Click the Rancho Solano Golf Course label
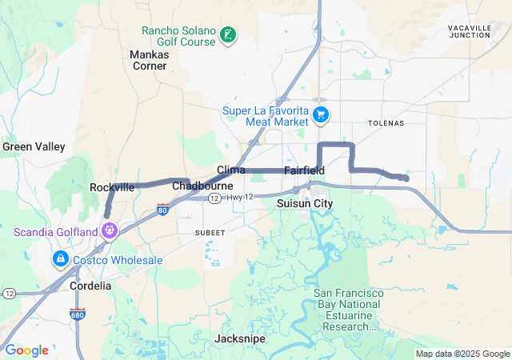[178, 36]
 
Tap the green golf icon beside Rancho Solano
[229, 34]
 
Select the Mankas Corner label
[149, 60]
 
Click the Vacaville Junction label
[470, 31]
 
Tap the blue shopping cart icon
[321, 114]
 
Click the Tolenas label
[386, 123]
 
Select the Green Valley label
[34, 146]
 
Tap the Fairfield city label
[304, 171]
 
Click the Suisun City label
[304, 204]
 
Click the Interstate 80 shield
[163, 210]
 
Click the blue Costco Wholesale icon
[61, 260]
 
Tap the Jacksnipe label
[240, 339]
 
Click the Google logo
[27, 350]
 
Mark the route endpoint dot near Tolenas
[406, 178]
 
